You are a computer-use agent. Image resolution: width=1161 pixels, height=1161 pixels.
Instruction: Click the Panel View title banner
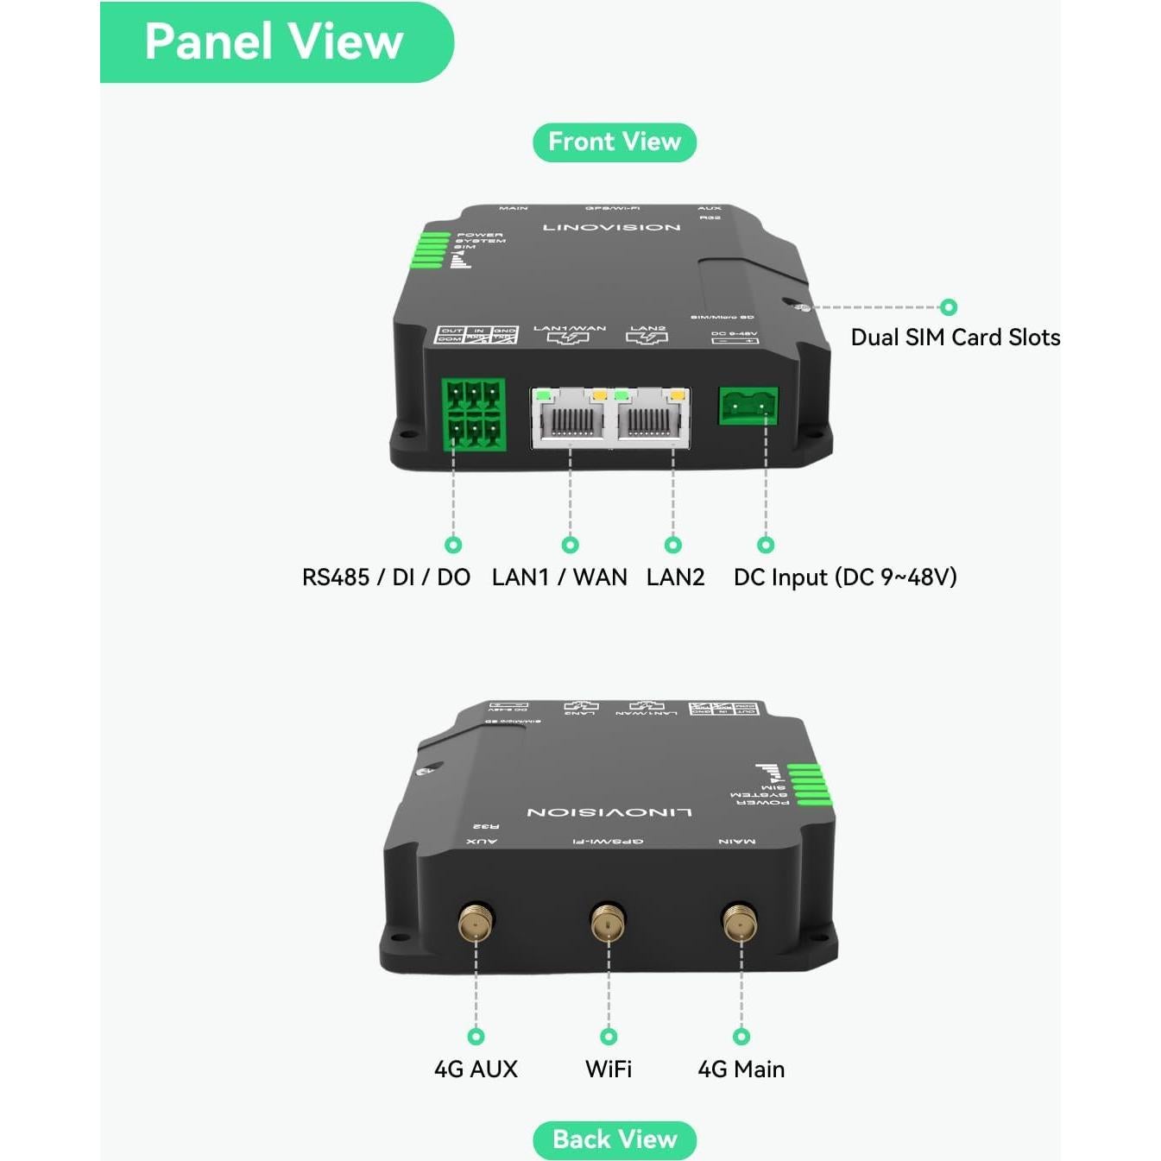point(274,42)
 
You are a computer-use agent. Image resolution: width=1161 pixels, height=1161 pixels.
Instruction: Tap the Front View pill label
point(614,142)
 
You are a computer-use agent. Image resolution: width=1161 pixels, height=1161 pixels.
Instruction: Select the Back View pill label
point(614,1139)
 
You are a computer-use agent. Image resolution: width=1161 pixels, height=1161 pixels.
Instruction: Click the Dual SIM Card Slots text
point(955,338)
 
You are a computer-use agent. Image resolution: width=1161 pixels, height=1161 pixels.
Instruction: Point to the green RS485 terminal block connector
point(473,413)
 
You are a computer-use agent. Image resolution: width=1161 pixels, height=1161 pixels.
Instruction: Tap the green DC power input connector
point(748,405)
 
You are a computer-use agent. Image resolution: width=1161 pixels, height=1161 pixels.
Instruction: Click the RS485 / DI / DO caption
point(386,577)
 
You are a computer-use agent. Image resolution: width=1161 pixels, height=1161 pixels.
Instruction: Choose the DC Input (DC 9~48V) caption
point(844,577)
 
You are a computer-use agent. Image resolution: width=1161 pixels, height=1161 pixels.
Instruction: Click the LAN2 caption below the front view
point(675,577)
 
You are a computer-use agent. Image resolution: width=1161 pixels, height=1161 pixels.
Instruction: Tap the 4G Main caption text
point(741,1070)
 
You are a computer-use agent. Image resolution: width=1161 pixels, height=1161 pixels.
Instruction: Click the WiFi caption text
point(609,1070)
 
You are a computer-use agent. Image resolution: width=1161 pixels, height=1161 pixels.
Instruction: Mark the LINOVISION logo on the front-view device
point(611,228)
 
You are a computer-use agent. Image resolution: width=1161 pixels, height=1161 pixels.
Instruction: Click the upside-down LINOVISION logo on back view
point(609,812)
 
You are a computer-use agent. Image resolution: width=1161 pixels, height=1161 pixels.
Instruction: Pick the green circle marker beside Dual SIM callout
point(949,307)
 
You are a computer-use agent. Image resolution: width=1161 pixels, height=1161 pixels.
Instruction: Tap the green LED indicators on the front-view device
point(432,249)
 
